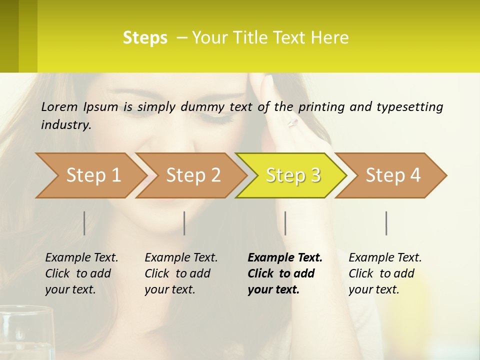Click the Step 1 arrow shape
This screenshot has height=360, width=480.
click(90, 175)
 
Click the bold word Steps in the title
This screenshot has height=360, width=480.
click(145, 38)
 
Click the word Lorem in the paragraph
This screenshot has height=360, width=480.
click(59, 106)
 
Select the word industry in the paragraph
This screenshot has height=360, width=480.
click(66, 125)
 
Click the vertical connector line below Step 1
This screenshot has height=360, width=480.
click(84, 223)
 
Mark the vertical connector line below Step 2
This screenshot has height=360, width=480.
click(184, 223)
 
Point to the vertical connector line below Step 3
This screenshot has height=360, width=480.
click(285, 223)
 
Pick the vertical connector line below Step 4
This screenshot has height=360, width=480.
click(386, 223)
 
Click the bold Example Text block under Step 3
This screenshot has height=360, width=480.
click(284, 273)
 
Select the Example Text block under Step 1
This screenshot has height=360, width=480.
click(81, 273)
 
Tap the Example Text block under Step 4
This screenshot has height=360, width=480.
click(385, 273)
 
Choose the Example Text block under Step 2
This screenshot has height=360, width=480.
click(181, 273)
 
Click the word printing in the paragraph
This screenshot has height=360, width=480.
click(319, 106)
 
